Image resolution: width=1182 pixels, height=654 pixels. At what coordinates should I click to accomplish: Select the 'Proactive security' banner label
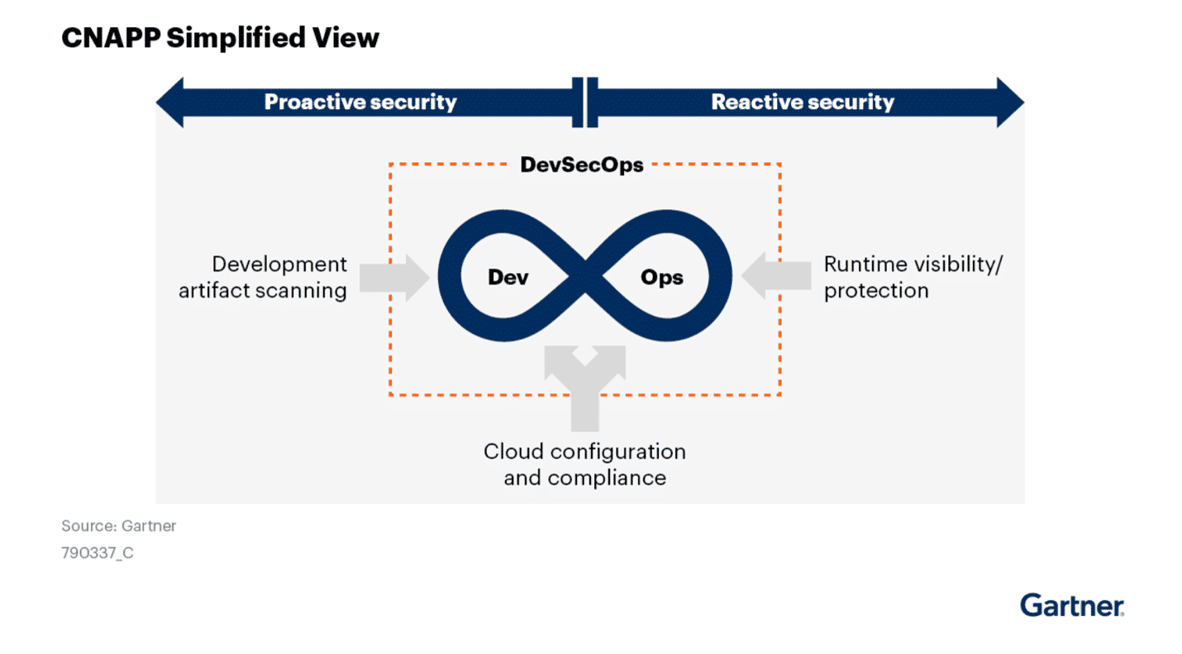tap(360, 103)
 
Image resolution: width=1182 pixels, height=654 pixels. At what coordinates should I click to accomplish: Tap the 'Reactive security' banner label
tap(802, 103)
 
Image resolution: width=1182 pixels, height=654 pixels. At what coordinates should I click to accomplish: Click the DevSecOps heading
tap(581, 165)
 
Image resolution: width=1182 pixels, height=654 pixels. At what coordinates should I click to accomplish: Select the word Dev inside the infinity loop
tap(508, 277)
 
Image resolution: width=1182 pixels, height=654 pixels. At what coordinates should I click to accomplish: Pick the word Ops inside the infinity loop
tap(661, 277)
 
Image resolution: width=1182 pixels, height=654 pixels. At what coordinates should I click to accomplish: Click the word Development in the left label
tap(279, 265)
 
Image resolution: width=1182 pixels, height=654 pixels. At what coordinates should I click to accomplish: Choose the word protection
tap(876, 291)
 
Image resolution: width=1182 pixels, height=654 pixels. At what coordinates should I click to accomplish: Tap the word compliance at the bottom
tap(607, 478)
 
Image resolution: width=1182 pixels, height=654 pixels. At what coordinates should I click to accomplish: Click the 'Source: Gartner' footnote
tap(118, 526)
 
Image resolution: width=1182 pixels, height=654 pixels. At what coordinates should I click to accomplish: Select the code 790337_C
tap(97, 553)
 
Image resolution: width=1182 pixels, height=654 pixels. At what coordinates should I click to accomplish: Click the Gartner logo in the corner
tap(1071, 605)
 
